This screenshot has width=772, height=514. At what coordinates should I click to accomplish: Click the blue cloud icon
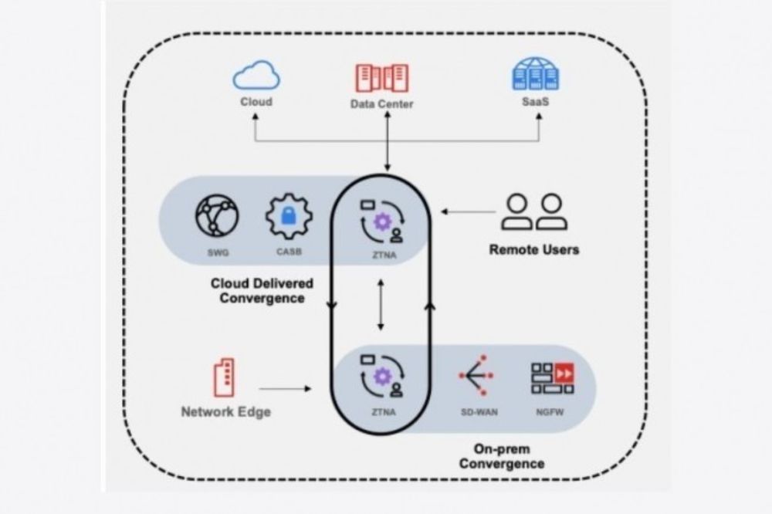click(x=256, y=76)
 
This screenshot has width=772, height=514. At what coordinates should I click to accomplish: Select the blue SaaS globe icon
click(x=536, y=76)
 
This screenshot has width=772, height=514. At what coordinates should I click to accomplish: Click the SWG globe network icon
click(x=217, y=215)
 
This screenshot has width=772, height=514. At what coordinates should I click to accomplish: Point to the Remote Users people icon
click(x=533, y=212)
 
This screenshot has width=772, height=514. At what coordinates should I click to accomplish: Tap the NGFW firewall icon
click(x=552, y=375)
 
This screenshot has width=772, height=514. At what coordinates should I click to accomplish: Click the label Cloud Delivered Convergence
click(x=257, y=291)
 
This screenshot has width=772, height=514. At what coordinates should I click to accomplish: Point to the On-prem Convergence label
click(x=501, y=455)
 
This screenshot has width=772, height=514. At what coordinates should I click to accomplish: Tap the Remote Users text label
click(x=533, y=250)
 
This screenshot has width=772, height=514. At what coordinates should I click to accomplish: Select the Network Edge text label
click(x=225, y=412)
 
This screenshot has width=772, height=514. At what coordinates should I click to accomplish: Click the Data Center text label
click(x=381, y=104)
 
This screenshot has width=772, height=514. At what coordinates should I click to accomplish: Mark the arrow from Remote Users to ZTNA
click(x=466, y=211)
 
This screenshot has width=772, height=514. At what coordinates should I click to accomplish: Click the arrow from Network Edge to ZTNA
click(x=285, y=388)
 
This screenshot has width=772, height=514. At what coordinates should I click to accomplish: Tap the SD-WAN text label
click(x=476, y=412)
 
